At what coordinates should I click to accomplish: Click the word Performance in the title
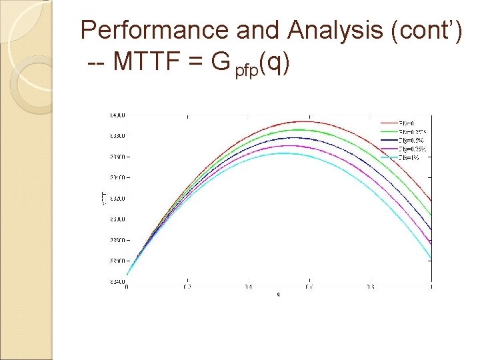154,31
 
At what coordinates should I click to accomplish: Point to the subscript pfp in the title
246,69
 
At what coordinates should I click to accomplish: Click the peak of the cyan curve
283,153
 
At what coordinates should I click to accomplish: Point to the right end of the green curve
431,215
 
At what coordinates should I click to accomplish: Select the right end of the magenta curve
431,245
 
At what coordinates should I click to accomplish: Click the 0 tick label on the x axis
127,287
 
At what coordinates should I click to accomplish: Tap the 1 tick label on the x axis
431,287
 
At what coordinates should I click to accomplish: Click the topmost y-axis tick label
117,115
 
